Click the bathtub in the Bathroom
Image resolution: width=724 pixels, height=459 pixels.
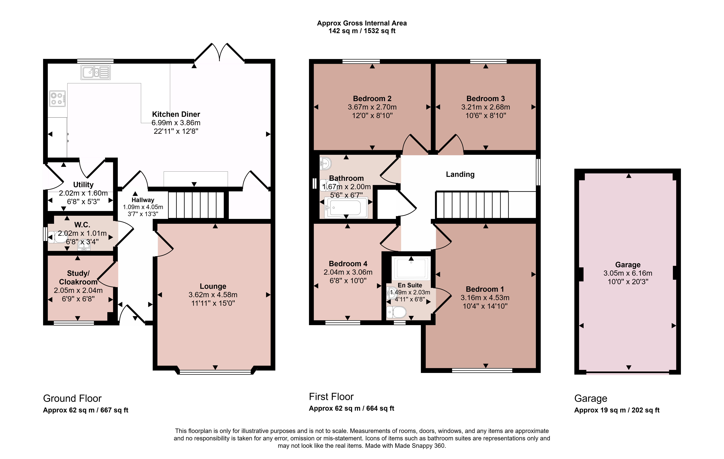point(346,208)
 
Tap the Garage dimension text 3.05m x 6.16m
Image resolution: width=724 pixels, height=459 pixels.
point(628,273)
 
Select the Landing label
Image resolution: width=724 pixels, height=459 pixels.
point(460,174)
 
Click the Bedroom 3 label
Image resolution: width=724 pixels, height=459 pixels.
point(486,99)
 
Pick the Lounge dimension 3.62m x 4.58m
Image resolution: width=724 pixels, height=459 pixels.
point(213,295)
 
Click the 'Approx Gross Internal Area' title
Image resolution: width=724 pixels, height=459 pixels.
point(362,23)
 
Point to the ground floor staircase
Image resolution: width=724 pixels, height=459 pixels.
point(196,205)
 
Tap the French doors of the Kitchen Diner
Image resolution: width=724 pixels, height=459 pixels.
point(219,53)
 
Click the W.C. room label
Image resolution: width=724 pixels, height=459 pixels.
point(82,225)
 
